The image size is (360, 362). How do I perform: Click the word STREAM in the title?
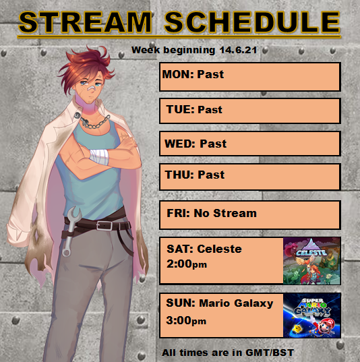pos(85,22)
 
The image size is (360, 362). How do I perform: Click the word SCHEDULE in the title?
pos(252,22)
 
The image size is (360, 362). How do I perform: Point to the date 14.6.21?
pos(238,50)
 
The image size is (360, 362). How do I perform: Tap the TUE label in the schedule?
pos(181,109)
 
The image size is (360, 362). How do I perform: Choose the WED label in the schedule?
pos(180,144)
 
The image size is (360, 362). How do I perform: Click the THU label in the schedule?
pos(179,175)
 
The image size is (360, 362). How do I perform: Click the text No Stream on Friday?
pos(225,213)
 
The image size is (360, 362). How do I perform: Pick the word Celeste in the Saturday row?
pos(219,249)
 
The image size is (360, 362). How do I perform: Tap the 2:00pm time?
pos(187,264)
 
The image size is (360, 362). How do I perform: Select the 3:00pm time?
pos(186,320)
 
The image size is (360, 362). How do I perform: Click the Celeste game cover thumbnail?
pos(311,261)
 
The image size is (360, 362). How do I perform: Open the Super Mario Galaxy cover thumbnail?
pos(311,315)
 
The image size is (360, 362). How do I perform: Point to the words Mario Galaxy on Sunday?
pos(236,303)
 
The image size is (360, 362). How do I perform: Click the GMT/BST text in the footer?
pos(270,353)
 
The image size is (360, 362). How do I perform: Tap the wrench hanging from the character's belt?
pos(70,231)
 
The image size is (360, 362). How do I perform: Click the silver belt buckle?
pos(104,226)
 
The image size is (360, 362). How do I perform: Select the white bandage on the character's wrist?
pos(99,156)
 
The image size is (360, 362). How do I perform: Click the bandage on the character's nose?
pos(92,88)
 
